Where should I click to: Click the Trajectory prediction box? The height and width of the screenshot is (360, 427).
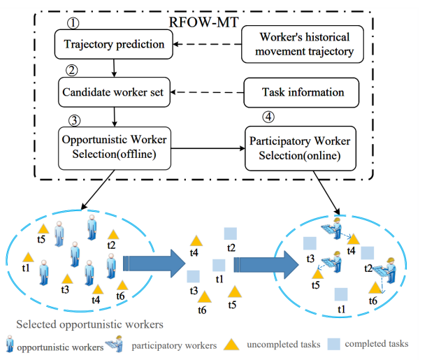pyautogui.click(x=115, y=45)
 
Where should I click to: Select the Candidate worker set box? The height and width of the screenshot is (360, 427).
pyautogui.click(x=114, y=91)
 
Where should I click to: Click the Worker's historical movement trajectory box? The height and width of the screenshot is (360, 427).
pyautogui.click(x=303, y=44)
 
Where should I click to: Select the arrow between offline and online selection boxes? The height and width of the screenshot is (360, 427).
pyautogui.click(x=207, y=148)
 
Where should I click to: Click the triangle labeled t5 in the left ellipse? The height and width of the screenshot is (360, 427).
pyautogui.click(x=42, y=229)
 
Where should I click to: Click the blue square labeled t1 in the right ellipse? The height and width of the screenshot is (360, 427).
pyautogui.click(x=341, y=294)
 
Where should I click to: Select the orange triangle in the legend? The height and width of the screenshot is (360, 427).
pyautogui.click(x=230, y=344)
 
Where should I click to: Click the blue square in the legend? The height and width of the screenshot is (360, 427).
pyautogui.click(x=335, y=344)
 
